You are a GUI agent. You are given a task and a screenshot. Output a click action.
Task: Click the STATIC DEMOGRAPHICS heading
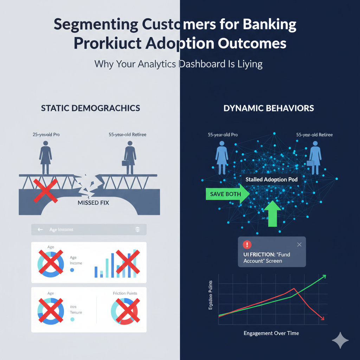[90, 108]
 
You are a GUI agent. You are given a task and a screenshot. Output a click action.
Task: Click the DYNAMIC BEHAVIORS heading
[269, 108]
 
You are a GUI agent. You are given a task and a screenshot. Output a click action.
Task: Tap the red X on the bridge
[45, 191]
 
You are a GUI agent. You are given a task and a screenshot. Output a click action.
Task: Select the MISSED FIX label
[93, 203]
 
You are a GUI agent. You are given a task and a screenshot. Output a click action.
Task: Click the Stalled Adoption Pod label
[271, 180]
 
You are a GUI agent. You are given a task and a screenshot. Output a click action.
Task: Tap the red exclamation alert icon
[247, 245]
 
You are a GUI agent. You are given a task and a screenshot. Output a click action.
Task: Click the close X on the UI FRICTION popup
[299, 245]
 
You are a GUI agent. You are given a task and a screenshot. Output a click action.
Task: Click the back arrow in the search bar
[40, 230]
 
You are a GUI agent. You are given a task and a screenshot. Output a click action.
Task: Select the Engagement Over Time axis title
[271, 333]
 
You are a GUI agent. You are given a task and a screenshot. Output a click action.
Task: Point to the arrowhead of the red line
[322, 318]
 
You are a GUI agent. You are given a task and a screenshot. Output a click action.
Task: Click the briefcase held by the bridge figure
[124, 163]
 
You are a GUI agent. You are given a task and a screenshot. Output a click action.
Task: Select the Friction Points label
[125, 293]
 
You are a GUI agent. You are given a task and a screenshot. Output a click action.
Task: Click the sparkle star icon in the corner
[340, 340]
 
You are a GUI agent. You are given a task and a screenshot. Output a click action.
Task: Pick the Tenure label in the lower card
[76, 312]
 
